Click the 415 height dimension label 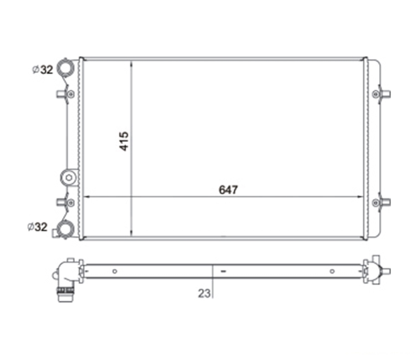(124, 141)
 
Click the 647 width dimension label (228, 190)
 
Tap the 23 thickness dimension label (204, 294)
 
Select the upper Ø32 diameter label (43, 70)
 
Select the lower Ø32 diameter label (37, 227)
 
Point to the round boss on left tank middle (69, 178)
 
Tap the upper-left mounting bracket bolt (71, 94)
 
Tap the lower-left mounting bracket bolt (71, 203)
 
